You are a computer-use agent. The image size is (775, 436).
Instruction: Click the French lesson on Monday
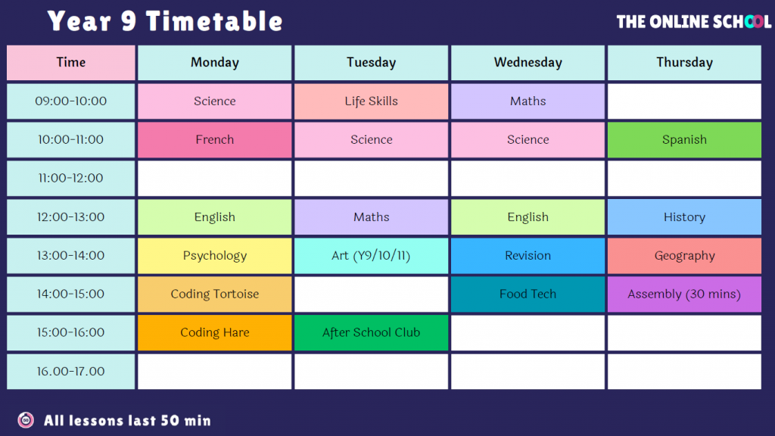point(214,140)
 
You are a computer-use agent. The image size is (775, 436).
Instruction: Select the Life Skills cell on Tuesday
point(371,101)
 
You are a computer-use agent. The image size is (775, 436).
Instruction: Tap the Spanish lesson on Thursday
point(684,140)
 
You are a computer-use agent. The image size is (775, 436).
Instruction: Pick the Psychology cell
point(214,256)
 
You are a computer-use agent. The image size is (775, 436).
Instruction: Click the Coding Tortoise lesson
point(214,294)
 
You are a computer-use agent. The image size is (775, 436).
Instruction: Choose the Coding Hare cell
point(214,333)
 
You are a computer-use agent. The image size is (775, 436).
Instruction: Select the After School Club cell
point(371,333)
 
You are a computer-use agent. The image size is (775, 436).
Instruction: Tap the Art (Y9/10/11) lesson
point(371,256)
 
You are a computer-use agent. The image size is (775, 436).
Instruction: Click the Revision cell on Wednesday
point(528,256)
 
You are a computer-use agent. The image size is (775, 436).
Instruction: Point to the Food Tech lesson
point(528,294)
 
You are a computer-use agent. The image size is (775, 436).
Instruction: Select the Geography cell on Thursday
point(684,256)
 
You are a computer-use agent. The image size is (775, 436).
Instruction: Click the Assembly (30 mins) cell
point(684,294)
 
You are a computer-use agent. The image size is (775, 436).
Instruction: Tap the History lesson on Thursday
point(684,217)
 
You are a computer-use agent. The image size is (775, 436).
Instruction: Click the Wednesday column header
point(528,63)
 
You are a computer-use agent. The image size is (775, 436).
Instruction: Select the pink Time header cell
point(70,63)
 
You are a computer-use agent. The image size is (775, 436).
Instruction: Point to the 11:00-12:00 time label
point(70,179)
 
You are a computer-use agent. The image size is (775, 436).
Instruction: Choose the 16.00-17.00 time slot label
point(70,371)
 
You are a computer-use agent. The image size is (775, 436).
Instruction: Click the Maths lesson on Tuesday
point(371,217)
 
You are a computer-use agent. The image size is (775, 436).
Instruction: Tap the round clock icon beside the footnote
point(26,420)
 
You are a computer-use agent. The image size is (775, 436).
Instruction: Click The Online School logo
point(693,22)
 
